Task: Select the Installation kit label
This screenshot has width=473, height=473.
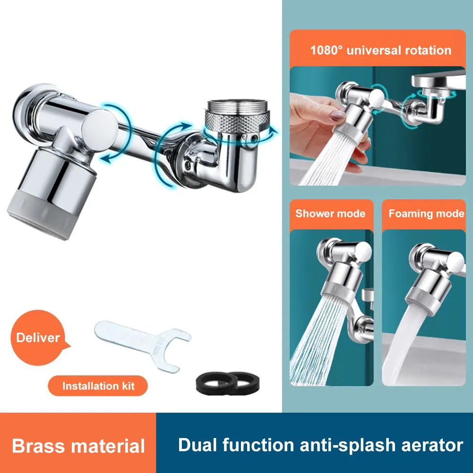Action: pos(98,386)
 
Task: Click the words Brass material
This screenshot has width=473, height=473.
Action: pos(78,446)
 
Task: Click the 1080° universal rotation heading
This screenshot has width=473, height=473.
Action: pos(380,50)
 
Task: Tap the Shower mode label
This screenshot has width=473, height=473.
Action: pos(330,214)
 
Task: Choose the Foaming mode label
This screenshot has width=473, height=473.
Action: pos(426,214)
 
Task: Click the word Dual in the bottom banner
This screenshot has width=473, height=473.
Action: pos(198,445)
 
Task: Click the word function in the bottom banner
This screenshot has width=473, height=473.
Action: pos(259,445)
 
